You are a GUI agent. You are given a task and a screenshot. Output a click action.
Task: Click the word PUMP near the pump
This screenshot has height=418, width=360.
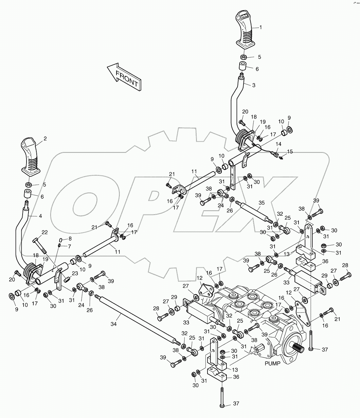pyautogui.click(x=272, y=363)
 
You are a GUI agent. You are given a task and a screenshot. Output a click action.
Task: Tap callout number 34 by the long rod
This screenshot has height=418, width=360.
pyautogui.click(x=114, y=324)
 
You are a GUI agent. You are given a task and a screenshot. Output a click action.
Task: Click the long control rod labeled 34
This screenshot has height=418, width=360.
pyautogui.click(x=137, y=319)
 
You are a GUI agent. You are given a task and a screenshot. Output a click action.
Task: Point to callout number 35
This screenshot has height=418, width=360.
pyautogui.click(x=261, y=203)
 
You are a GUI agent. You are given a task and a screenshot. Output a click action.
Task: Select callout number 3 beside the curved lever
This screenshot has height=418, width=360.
pyautogui.click(x=254, y=85)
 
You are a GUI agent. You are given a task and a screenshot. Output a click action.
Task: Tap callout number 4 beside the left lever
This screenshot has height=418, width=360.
pyautogui.click(x=40, y=216)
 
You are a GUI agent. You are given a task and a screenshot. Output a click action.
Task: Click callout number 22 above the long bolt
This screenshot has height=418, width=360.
pyautogui.click(x=45, y=232)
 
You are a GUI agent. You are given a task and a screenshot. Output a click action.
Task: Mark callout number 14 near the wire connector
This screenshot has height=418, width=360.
pyautogui.click(x=278, y=144)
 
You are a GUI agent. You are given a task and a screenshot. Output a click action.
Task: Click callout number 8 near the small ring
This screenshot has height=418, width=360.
pyautogui.click(x=69, y=239)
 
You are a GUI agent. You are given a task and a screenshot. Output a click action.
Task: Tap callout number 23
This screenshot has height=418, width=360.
pyautogui.click(x=75, y=274)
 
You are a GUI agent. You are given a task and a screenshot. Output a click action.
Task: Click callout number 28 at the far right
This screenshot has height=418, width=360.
pyautogui.click(x=345, y=265)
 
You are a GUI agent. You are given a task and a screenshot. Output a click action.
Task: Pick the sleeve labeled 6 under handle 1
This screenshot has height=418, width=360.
pyautogui.click(x=243, y=68)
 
